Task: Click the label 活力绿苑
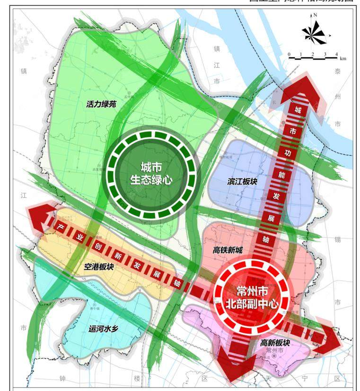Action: pyautogui.click(x=101, y=104)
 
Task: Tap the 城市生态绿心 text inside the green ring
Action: pyautogui.click(x=151, y=173)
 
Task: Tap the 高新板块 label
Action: pyautogui.click(x=275, y=342)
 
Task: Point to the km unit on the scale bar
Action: pyautogui.click(x=343, y=58)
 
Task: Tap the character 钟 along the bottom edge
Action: pyautogui.click(x=62, y=379)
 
